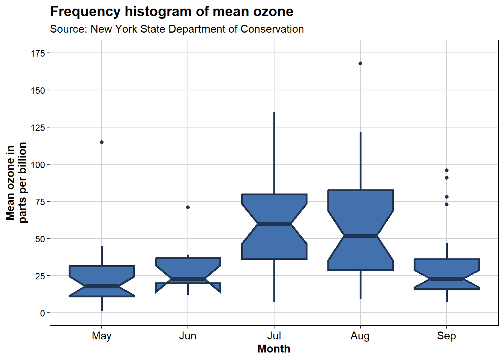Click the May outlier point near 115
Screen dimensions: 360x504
click(102, 142)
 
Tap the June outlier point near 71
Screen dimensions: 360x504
click(188, 207)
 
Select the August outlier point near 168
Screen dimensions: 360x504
click(360, 63)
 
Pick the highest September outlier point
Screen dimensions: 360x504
click(447, 170)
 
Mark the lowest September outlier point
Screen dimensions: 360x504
click(447, 204)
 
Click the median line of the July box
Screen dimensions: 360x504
click(274, 224)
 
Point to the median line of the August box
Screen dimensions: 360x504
click(360, 235)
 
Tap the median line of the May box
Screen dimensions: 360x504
click(102, 286)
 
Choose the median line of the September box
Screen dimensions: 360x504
click(447, 279)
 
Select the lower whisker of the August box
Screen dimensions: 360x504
click(360, 285)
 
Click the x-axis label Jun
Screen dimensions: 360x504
click(188, 336)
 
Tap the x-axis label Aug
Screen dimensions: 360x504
click(360, 336)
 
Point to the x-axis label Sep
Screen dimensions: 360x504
click(446, 336)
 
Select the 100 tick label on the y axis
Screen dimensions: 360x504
click(38, 165)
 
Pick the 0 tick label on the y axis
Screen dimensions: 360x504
click(42, 313)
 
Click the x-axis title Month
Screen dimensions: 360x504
click(274, 349)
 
